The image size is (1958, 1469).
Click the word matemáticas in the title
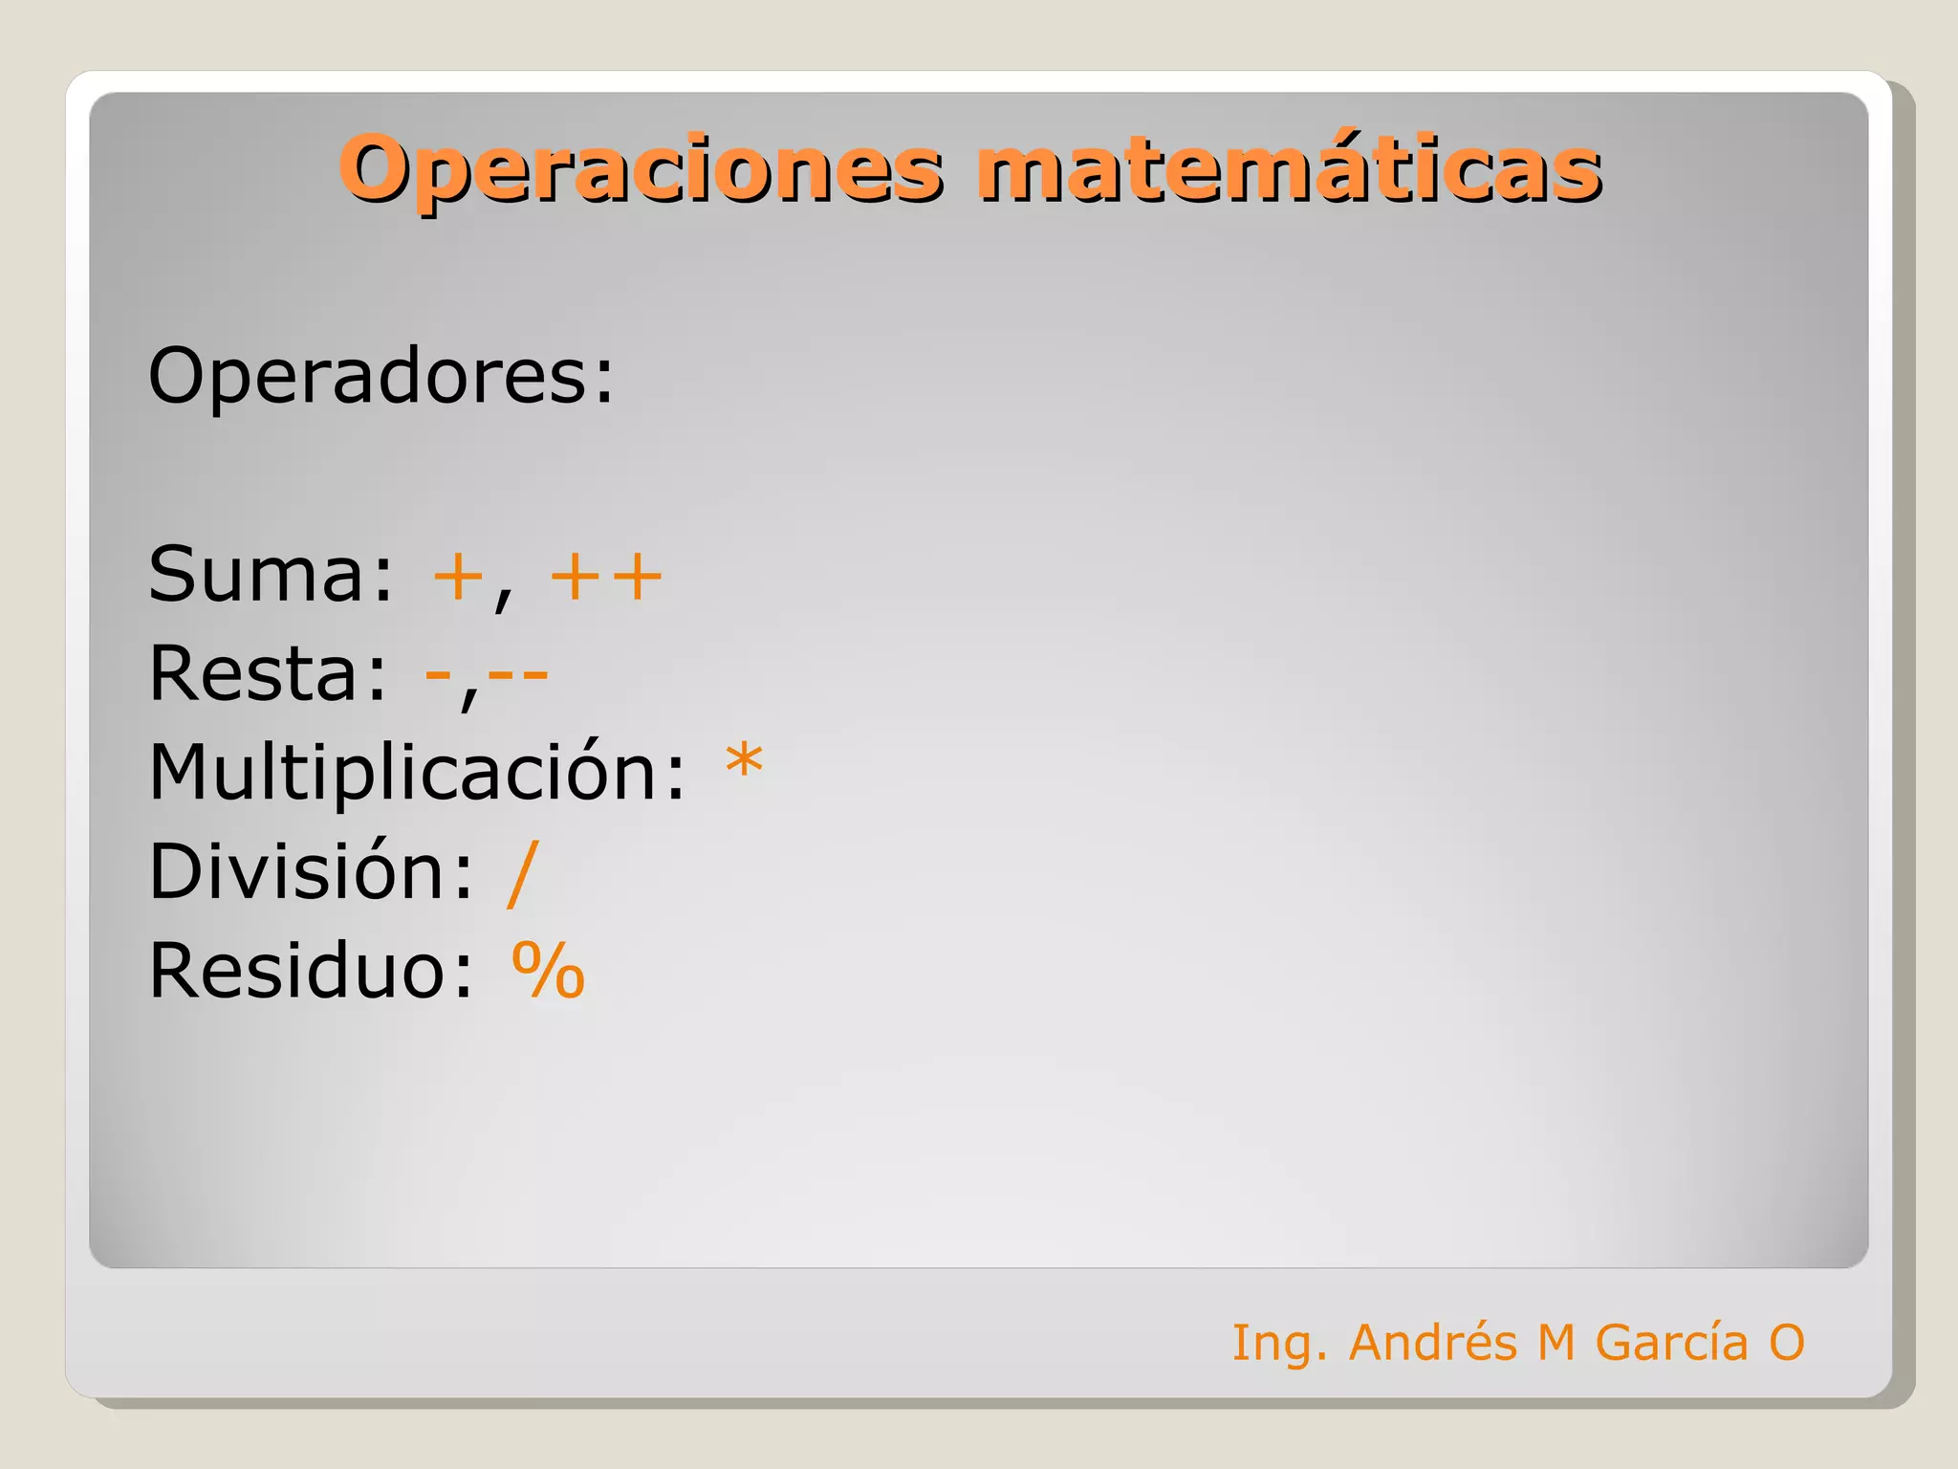(1288, 169)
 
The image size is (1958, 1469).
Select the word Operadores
(381, 376)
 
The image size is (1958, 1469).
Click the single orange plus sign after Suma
(458, 578)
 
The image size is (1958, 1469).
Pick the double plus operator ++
(606, 578)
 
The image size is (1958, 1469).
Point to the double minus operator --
(518, 675)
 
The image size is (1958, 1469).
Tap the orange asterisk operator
(744, 763)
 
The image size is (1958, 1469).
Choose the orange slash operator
(523, 872)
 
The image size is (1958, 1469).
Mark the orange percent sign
(548, 971)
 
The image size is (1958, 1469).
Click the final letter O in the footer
(1786, 1342)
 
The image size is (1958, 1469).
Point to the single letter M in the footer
(1556, 1342)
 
